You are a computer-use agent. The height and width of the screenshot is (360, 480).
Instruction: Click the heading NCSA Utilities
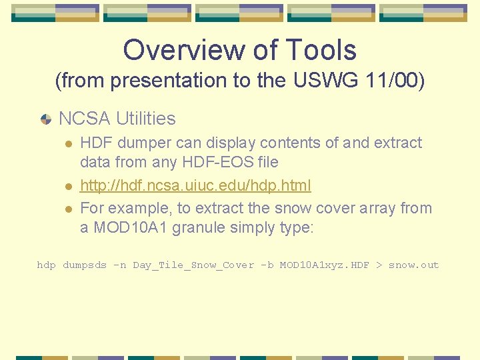pyautogui.click(x=117, y=119)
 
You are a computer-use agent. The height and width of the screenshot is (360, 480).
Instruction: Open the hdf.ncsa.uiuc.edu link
pyautogui.click(x=195, y=185)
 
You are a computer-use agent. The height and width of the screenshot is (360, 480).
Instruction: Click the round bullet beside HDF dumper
pyautogui.click(x=67, y=143)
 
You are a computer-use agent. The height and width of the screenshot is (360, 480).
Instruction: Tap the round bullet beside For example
pyautogui.click(x=67, y=209)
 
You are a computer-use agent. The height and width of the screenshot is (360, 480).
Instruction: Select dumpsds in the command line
pyautogui.click(x=85, y=265)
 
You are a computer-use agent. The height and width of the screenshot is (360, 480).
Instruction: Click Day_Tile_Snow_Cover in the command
pyautogui.click(x=193, y=265)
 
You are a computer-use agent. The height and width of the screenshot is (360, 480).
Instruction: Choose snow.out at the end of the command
pyautogui.click(x=413, y=265)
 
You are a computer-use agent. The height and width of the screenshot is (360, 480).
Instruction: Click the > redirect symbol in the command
pyautogui.click(x=379, y=265)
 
